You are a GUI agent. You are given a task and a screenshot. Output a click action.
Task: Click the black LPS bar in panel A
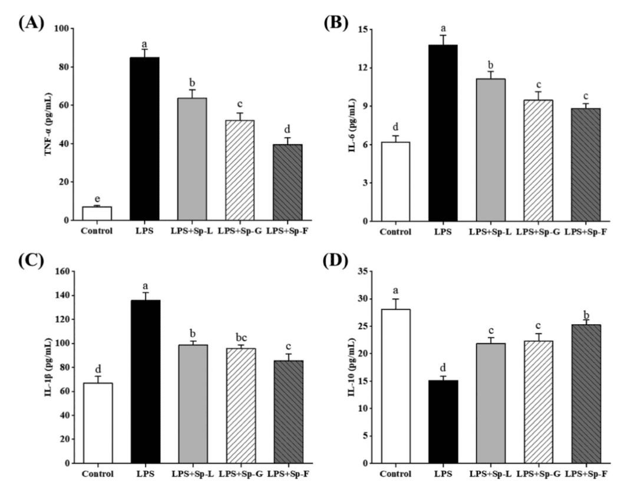point(144,138)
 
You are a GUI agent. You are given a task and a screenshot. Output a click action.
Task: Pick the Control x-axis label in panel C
point(97,473)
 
